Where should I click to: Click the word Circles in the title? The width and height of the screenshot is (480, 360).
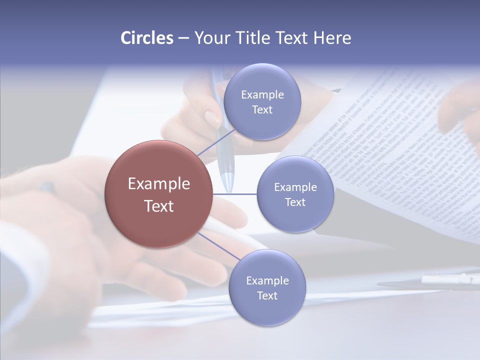(x=146, y=38)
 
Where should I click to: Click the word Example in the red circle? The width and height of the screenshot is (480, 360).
(x=159, y=184)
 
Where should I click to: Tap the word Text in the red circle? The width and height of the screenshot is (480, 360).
(x=159, y=206)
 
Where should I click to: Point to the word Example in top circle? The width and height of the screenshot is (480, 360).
(x=262, y=95)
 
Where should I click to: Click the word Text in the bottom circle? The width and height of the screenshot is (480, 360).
(x=267, y=295)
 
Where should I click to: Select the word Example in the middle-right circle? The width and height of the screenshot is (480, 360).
(x=295, y=187)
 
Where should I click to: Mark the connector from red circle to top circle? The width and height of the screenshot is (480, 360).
(x=216, y=142)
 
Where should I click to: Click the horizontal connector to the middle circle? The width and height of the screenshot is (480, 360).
(x=235, y=194)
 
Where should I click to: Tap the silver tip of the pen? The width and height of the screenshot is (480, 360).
(x=228, y=182)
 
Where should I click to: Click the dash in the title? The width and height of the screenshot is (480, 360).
(x=183, y=38)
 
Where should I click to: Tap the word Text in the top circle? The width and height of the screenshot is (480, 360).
(x=262, y=109)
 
